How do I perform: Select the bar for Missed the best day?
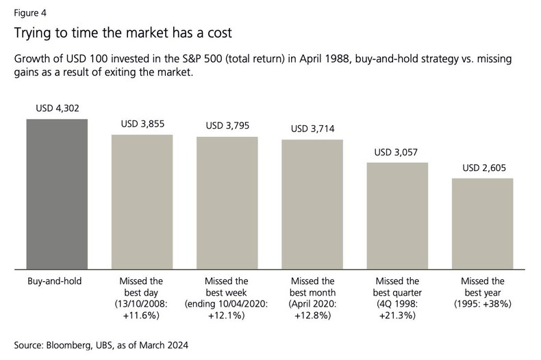click(x=142, y=201)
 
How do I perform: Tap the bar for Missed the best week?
click(x=227, y=203)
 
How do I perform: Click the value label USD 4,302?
click(x=57, y=109)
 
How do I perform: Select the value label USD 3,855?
click(x=142, y=124)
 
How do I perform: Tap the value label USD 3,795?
click(x=227, y=126)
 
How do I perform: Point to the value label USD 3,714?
click(x=312, y=129)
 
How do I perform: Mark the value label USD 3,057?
click(x=397, y=152)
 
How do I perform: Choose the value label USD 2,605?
click(x=482, y=168)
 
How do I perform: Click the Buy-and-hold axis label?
click(x=57, y=281)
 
